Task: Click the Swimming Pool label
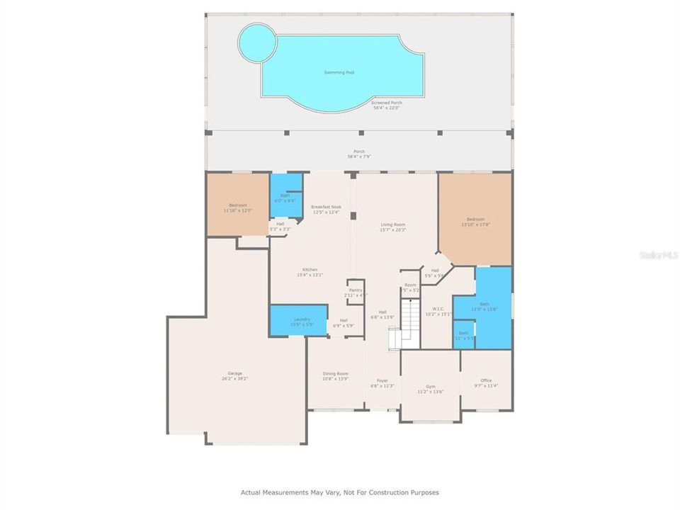tap(339, 72)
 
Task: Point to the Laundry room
tap(298, 320)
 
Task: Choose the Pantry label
tap(356, 290)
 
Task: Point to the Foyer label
tap(382, 380)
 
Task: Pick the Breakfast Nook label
tap(326, 206)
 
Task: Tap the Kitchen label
tap(310, 270)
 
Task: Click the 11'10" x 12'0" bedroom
tap(237, 207)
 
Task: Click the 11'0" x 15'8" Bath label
tap(484, 304)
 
